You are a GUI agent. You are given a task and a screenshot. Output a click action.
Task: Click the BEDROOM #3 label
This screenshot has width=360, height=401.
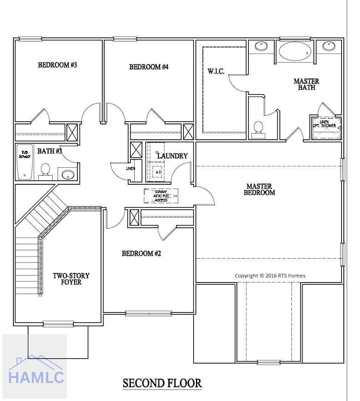pos(57,65)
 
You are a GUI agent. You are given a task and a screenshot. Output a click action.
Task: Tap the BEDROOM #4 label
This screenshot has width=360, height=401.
pos(148,67)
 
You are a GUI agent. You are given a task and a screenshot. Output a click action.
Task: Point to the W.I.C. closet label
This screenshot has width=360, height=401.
pos(215,71)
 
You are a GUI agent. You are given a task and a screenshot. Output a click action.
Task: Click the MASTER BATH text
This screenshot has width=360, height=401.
pos(306,84)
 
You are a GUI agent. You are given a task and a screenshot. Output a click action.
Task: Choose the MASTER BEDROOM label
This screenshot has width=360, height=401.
pos(260,189)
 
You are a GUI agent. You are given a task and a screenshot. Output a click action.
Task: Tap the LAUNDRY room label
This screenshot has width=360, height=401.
pos(172,156)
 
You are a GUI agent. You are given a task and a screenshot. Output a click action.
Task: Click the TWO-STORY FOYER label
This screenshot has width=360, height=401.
pos(71,279)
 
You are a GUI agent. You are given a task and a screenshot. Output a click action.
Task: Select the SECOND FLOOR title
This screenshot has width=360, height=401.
pos(162,383)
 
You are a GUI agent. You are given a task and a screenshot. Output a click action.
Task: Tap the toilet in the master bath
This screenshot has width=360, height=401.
pos(258,127)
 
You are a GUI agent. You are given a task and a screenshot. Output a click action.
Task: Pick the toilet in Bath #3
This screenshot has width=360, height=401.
pos(46,170)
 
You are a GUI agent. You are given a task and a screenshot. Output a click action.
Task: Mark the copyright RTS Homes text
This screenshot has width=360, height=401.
pos(270,275)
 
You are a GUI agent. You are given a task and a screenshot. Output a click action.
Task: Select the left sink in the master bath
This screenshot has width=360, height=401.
pos(261,45)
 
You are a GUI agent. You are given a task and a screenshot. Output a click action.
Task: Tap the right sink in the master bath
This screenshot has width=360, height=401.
pos(329,45)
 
